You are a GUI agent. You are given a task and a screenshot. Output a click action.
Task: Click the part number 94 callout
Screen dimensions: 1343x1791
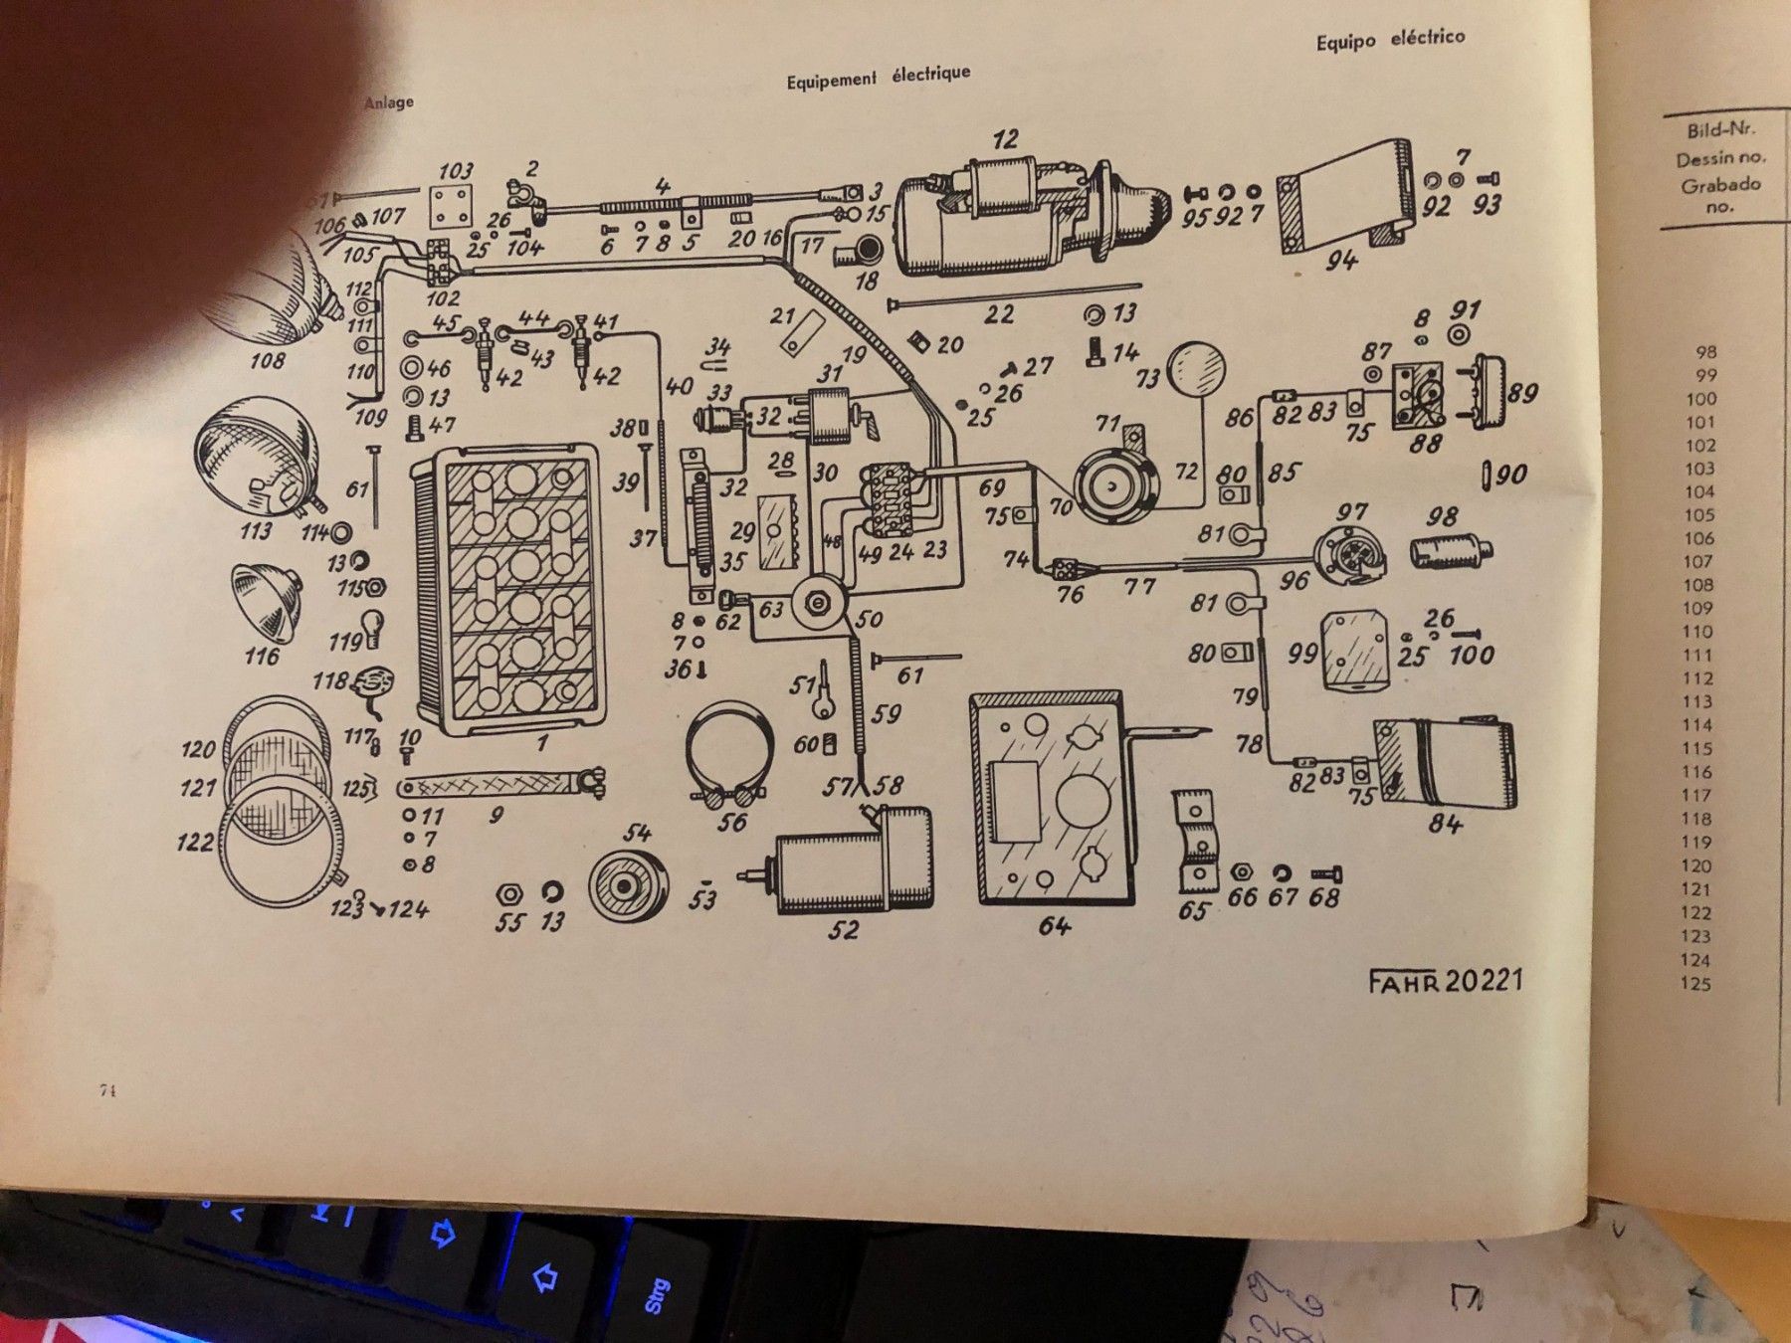click(x=1340, y=261)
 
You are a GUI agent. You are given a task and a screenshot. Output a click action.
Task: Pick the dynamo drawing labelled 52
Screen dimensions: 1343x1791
click(x=854, y=863)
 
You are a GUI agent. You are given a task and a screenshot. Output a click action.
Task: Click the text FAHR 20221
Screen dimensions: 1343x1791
click(x=1445, y=981)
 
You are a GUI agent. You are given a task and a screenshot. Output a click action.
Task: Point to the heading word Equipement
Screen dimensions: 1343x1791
click(x=832, y=80)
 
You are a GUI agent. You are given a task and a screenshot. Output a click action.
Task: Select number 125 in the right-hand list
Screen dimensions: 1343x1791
click(x=1695, y=984)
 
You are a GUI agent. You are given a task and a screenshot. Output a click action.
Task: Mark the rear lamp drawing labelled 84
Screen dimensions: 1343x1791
click(x=1447, y=763)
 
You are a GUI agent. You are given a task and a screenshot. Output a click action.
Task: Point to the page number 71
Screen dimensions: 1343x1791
click(x=108, y=1090)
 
